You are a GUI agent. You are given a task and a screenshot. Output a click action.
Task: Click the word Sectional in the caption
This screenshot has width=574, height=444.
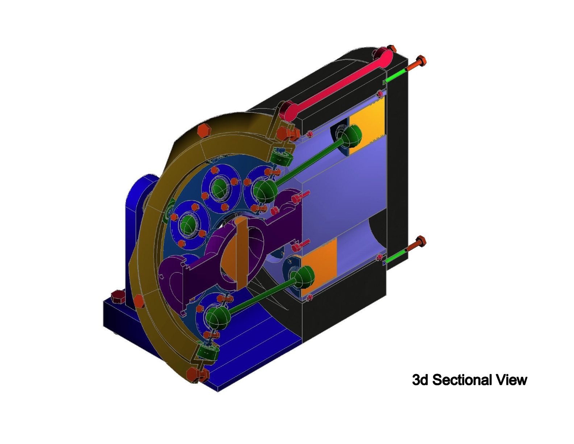(x=462, y=380)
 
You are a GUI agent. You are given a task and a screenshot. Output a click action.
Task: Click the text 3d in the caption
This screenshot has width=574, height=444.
(x=420, y=380)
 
